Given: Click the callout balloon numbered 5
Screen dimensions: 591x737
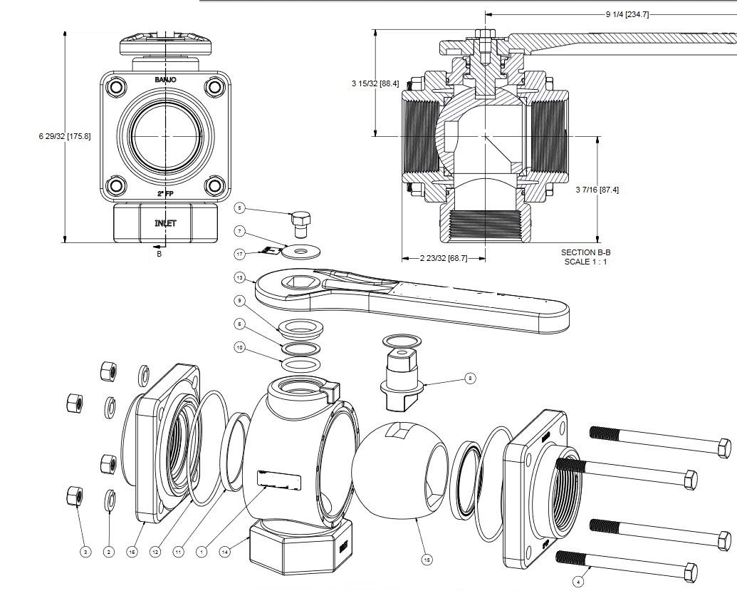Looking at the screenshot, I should (x=240, y=208).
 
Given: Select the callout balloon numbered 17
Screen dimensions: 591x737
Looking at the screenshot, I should (x=240, y=253).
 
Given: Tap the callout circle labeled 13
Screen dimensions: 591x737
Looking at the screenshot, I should (x=240, y=277).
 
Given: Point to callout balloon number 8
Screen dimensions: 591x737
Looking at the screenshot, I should (x=469, y=379).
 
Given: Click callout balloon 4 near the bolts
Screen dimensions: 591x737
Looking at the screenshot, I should (x=578, y=581).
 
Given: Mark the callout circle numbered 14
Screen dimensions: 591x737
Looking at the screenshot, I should (x=224, y=551).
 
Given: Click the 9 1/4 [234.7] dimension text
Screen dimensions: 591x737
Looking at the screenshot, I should (x=627, y=14).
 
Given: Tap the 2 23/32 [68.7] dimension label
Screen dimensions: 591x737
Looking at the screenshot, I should (x=444, y=258).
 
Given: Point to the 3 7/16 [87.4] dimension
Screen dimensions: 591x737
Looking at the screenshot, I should (x=597, y=190).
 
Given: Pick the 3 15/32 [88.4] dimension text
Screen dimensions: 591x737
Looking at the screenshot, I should (x=375, y=83).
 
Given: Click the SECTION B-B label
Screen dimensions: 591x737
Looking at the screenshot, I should (x=585, y=252).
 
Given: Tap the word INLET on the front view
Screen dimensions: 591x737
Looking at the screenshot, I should (x=165, y=223).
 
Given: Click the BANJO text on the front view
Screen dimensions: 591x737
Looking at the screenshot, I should (x=165, y=79).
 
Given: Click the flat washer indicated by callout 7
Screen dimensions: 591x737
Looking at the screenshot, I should (x=301, y=250).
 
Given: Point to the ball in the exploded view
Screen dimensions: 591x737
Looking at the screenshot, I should (x=395, y=471).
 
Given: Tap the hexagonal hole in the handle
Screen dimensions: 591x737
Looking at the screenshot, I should (x=299, y=283).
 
